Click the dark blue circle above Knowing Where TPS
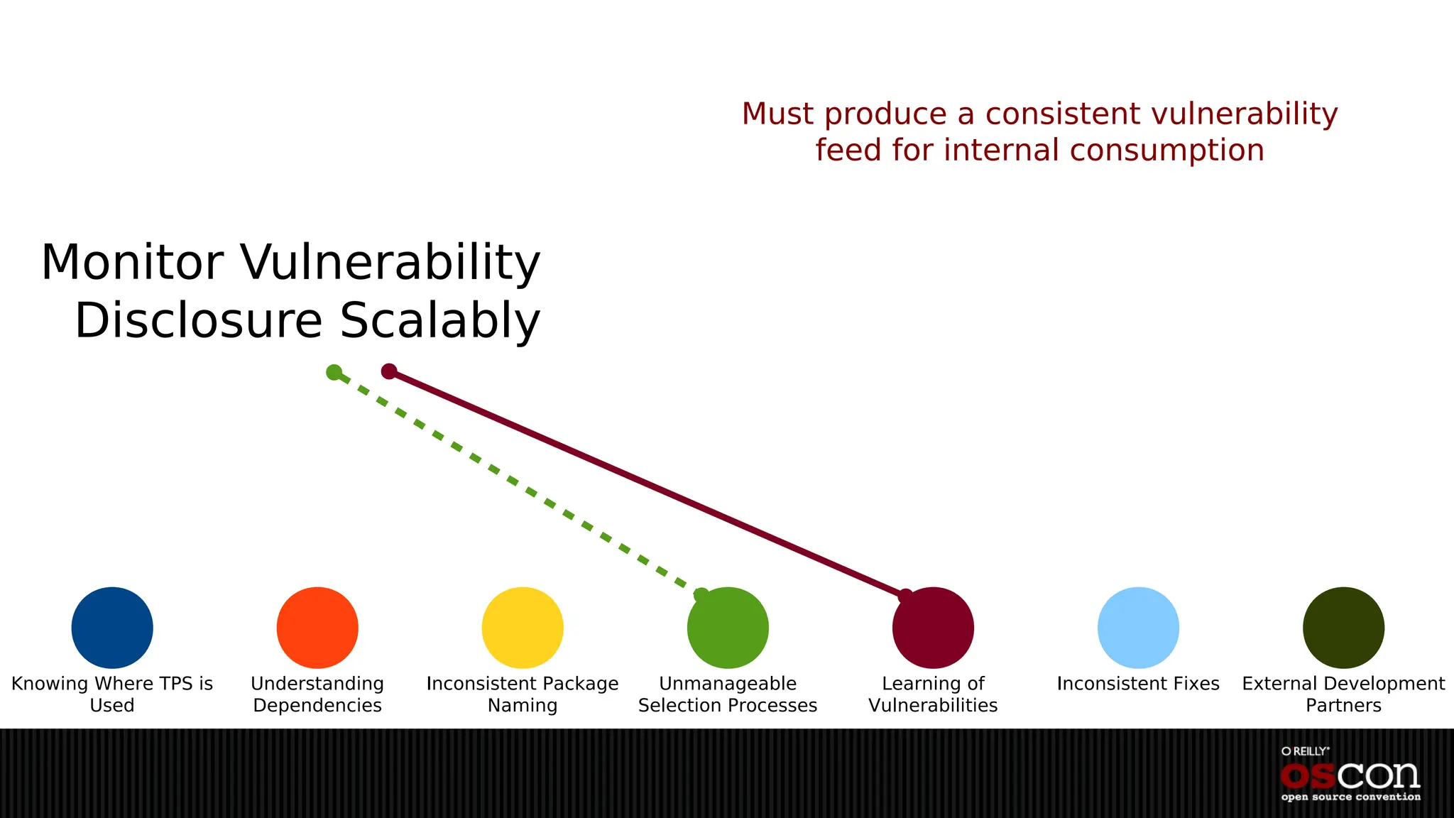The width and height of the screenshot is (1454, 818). [112, 628]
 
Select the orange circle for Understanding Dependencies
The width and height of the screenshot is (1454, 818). [317, 628]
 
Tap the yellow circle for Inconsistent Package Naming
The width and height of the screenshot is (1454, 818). [523, 628]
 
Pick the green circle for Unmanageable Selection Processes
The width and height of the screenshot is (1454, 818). [728, 628]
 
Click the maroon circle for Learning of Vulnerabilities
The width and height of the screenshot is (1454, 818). [933, 628]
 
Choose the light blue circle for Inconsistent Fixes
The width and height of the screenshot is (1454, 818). [1138, 628]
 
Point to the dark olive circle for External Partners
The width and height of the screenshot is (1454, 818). [1343, 628]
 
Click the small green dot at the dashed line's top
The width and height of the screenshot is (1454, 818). [334, 372]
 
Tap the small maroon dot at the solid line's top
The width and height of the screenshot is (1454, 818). [389, 371]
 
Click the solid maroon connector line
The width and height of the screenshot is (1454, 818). [646, 483]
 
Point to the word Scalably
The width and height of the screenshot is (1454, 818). [440, 321]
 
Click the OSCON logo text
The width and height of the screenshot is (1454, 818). [1350, 775]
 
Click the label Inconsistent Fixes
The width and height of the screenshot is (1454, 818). [1138, 684]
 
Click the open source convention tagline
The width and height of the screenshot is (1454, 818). [1350, 797]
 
